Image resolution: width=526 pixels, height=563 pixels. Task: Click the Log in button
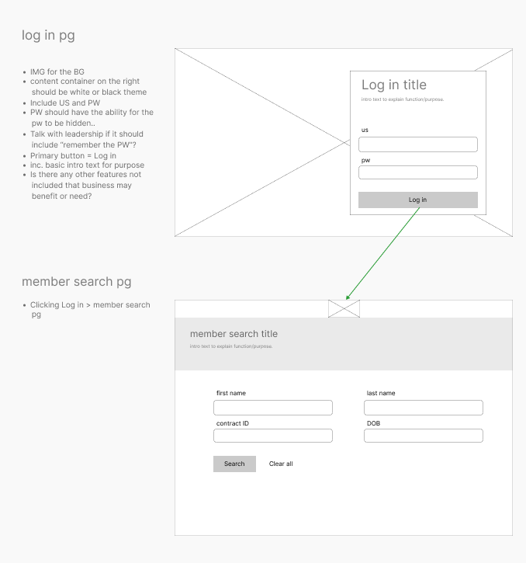[x=417, y=200]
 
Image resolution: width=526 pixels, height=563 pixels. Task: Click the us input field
[x=417, y=144]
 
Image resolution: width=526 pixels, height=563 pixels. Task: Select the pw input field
[x=417, y=172]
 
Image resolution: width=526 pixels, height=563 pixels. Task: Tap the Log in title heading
[x=394, y=85]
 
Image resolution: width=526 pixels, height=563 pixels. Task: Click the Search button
[x=234, y=464]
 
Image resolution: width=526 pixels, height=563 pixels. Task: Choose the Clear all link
[x=281, y=464]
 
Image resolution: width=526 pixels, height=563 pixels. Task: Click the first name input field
[x=273, y=408]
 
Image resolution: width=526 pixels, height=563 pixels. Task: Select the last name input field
[x=424, y=408]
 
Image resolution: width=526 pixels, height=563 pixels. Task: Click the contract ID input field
[x=273, y=436]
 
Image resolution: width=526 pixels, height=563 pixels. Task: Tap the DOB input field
[x=424, y=436]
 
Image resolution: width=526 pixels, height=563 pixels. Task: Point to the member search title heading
[x=234, y=334]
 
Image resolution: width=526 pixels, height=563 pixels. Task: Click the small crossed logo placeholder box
[x=344, y=308]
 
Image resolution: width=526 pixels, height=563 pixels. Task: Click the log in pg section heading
[x=48, y=35]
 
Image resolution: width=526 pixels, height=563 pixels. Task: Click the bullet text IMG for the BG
[x=57, y=72]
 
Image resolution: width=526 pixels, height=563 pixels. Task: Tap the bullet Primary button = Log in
[x=73, y=156]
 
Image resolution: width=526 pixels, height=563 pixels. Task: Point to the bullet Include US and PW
[x=65, y=103]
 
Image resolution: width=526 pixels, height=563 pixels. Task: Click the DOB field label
[x=373, y=423]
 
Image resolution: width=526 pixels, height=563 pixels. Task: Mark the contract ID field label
[x=233, y=423]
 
